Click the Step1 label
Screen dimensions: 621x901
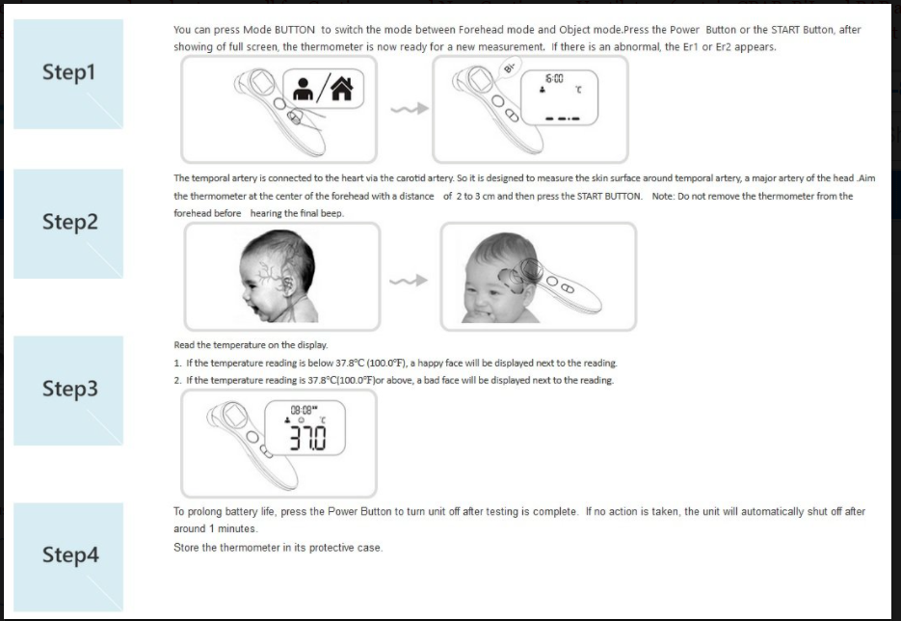pos(69,73)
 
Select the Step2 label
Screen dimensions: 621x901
pos(69,222)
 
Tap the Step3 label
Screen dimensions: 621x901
pos(69,389)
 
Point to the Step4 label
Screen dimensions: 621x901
pos(69,555)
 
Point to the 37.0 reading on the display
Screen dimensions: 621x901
pos(309,439)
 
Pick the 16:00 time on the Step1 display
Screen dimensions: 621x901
pos(554,77)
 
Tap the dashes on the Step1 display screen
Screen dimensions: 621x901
pos(561,120)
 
